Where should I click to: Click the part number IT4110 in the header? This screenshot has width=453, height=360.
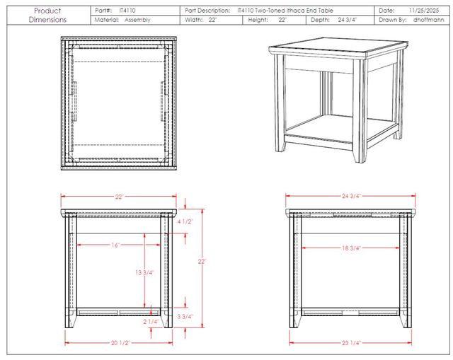click(127, 11)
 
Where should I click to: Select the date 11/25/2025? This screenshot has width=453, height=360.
click(424, 11)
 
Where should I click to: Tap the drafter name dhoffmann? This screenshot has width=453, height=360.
click(428, 20)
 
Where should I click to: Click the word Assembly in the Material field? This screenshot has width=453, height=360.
click(137, 20)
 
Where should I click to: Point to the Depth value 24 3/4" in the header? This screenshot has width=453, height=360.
click(348, 20)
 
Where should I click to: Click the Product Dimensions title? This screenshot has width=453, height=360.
click(47, 16)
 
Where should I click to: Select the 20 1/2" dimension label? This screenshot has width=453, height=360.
click(120, 343)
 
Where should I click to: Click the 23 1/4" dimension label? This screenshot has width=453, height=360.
click(351, 343)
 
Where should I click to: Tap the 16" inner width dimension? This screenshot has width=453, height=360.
click(115, 245)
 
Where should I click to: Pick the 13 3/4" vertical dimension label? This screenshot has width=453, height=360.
click(144, 272)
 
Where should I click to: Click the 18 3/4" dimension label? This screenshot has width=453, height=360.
click(351, 248)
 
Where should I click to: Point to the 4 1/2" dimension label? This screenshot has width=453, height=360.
click(185, 221)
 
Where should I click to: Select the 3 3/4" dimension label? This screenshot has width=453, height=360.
click(185, 317)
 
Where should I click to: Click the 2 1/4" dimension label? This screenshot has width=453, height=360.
click(151, 322)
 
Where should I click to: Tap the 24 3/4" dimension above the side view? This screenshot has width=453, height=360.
click(351, 196)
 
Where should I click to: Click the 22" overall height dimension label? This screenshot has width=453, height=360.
click(202, 262)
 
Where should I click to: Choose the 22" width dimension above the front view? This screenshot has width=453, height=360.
click(119, 197)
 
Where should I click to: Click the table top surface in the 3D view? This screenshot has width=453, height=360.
click(338, 45)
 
